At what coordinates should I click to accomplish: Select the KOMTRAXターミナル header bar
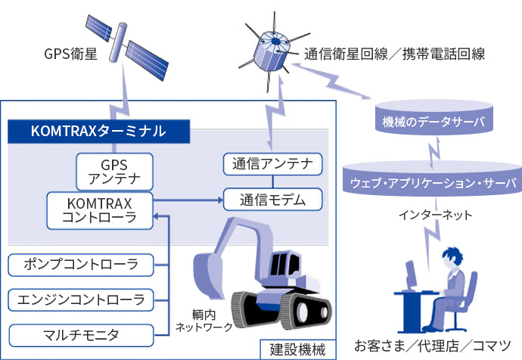(98, 130)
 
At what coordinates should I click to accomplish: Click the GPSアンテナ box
(115, 172)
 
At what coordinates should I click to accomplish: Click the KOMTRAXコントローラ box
(99, 209)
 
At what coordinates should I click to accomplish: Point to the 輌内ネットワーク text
(203, 321)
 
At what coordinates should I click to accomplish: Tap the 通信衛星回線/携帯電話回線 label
(394, 54)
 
